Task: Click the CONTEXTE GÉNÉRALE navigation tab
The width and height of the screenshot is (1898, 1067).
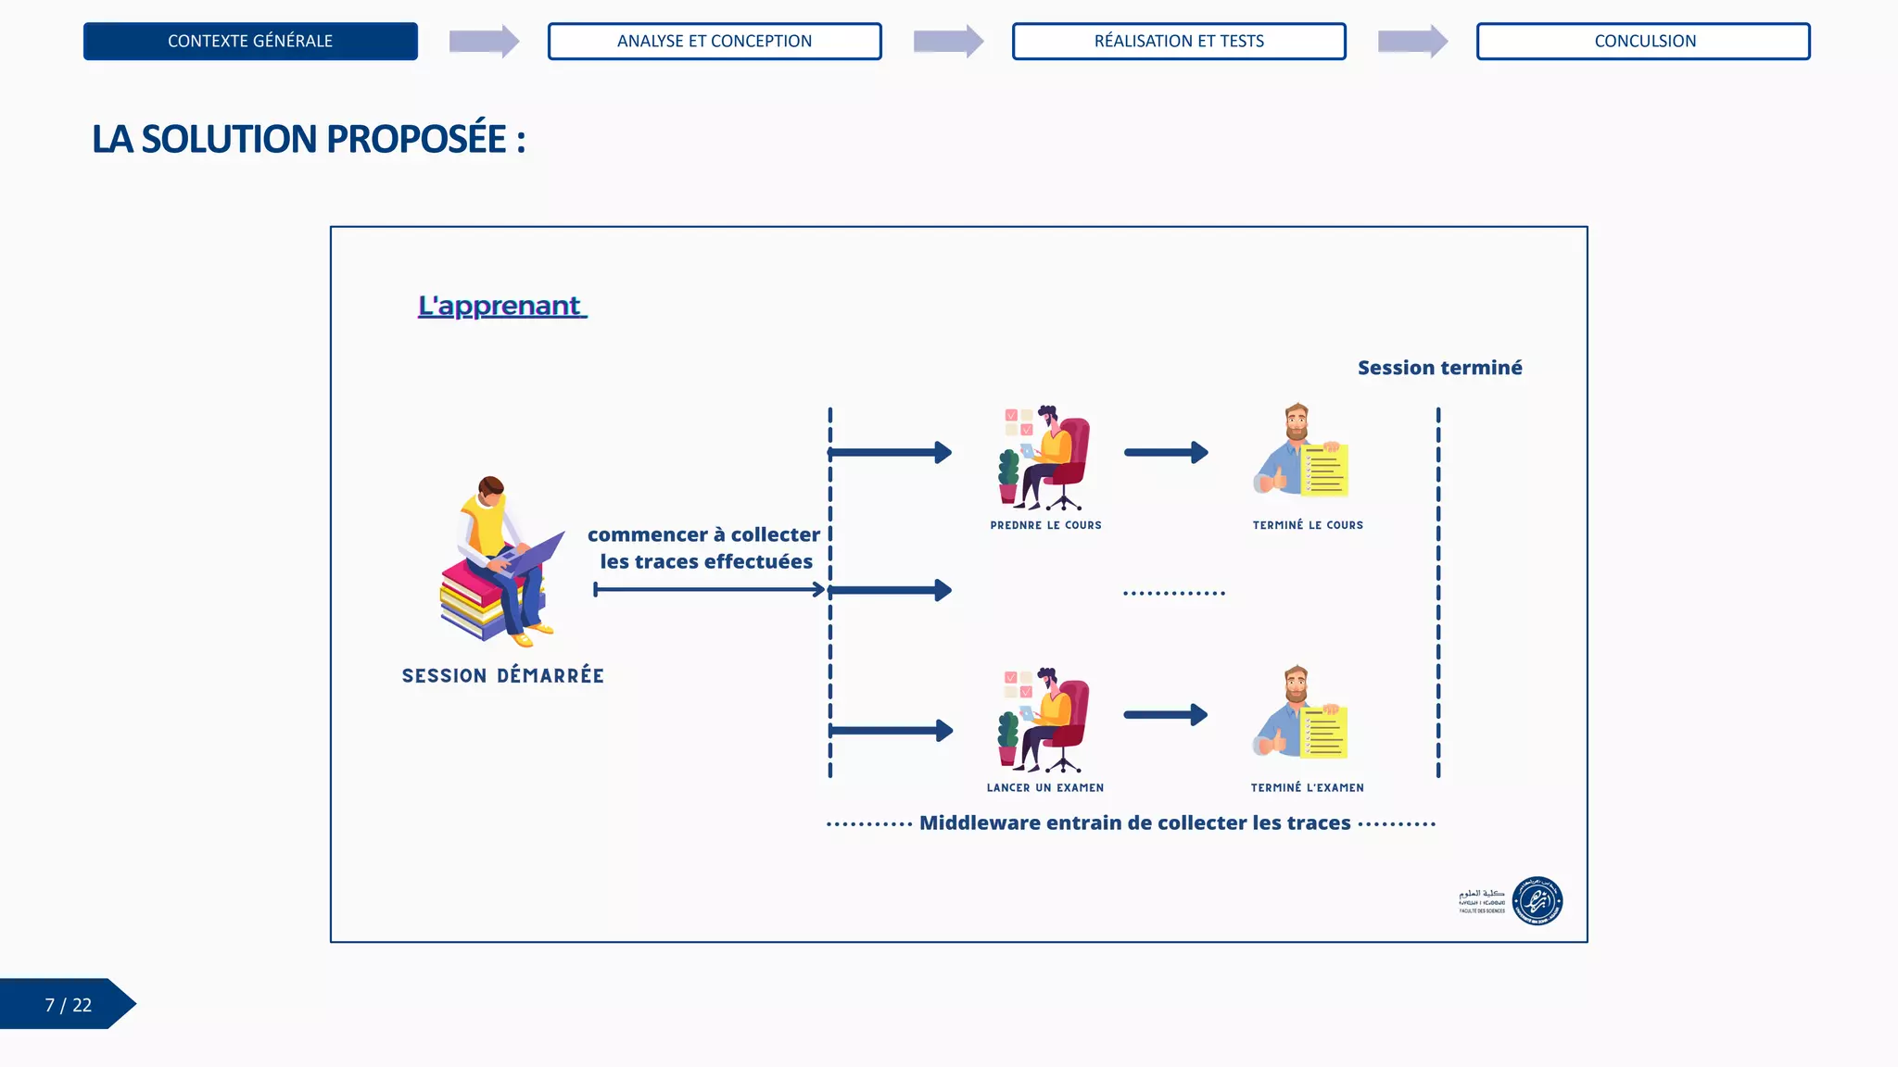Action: (x=250, y=42)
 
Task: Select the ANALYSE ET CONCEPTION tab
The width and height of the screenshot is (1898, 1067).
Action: (x=715, y=42)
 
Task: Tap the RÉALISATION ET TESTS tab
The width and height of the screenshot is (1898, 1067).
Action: (x=1179, y=42)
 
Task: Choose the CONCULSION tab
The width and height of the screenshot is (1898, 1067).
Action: (x=1644, y=42)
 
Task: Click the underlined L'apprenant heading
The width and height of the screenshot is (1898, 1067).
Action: (x=500, y=306)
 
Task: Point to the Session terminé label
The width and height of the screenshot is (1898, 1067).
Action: (x=1439, y=368)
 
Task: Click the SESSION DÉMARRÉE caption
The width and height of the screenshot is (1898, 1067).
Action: (x=502, y=676)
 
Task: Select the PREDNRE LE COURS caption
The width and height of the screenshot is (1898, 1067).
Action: (x=1045, y=525)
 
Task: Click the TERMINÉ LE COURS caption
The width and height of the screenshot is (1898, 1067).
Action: (x=1308, y=525)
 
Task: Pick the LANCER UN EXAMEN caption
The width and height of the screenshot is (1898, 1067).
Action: (x=1044, y=788)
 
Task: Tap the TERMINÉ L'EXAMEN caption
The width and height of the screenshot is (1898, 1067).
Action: (x=1307, y=788)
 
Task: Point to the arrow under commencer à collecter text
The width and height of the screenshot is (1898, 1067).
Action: (x=709, y=590)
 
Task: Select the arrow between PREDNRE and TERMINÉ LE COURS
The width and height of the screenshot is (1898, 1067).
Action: (x=1166, y=453)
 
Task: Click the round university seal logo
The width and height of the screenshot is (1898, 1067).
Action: (x=1537, y=900)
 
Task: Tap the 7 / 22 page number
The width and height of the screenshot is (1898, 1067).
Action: (x=68, y=1005)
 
